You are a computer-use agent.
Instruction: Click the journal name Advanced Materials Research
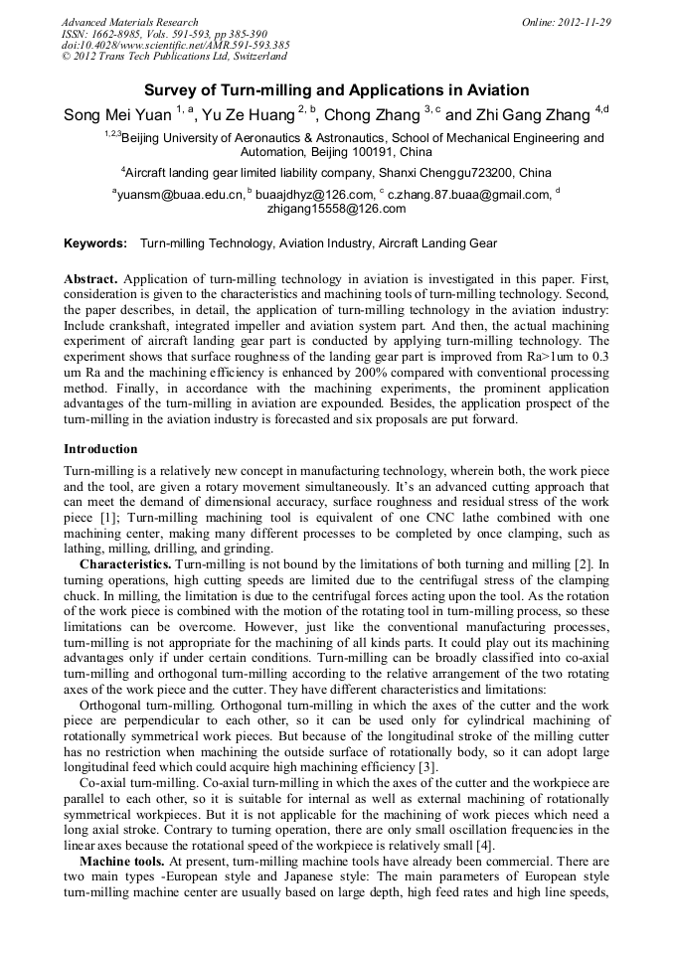click(129, 22)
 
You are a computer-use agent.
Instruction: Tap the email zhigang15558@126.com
click(337, 210)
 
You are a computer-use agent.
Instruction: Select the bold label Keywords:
click(95, 243)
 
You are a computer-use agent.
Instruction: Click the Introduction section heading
click(100, 450)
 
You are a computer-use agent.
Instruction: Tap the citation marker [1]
click(114, 519)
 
